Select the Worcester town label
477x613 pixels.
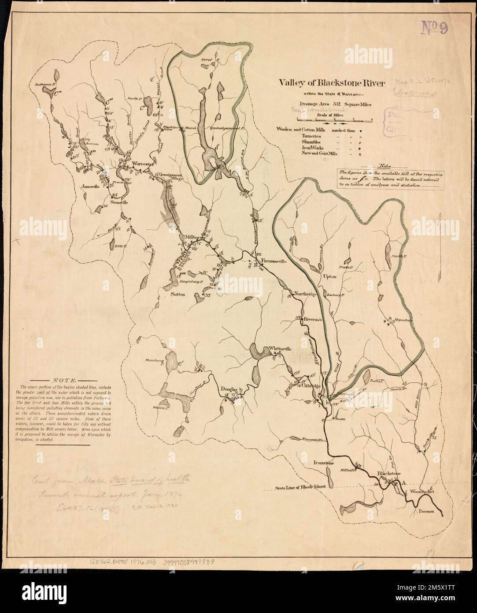(x=141, y=164)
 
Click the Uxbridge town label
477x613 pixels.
(x=311, y=385)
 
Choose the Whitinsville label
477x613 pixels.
(x=280, y=348)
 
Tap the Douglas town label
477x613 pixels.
(x=229, y=390)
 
